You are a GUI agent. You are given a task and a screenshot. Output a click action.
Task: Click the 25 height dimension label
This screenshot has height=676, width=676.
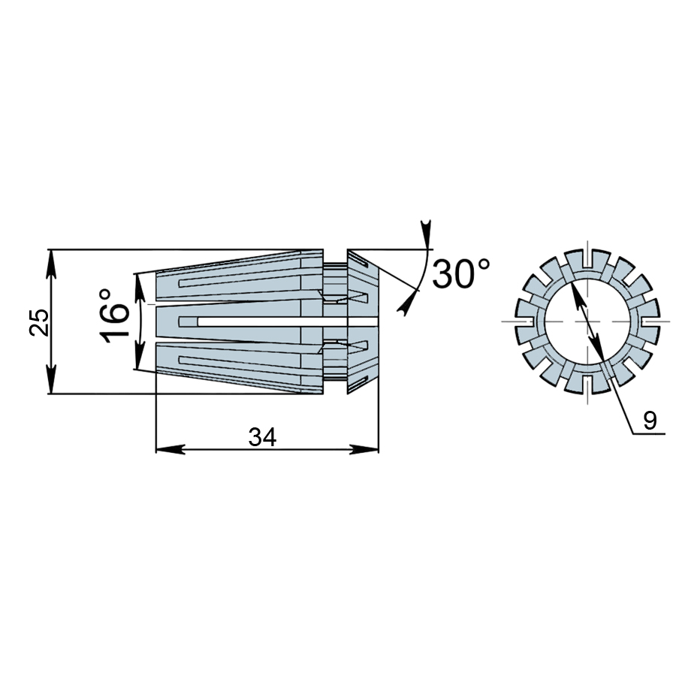coord(39,321)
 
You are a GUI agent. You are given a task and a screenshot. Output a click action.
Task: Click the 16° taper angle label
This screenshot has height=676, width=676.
coord(113,316)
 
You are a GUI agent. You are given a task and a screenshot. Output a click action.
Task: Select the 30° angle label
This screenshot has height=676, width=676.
coord(461,273)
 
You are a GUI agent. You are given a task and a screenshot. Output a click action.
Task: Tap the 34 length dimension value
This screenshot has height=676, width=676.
coord(262,438)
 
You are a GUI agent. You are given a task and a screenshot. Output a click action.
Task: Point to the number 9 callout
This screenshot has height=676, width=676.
coord(650,421)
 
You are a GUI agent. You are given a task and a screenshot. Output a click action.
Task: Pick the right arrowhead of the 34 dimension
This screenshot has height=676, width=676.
coord(364,449)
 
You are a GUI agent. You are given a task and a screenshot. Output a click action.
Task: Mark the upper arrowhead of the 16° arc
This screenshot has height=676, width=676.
coord(139,288)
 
